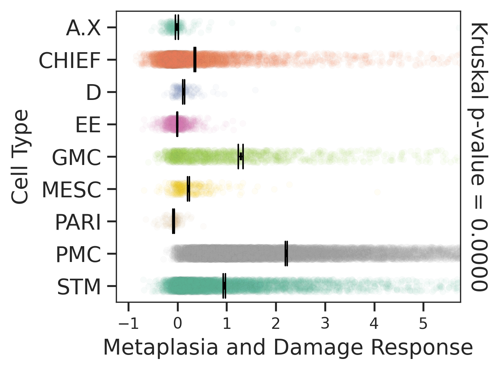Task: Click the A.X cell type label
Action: point(83,28)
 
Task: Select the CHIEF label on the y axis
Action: point(69,61)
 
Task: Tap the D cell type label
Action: point(93,93)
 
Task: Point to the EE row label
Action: point(88,125)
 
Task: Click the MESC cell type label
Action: point(71,190)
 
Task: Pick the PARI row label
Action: point(78,222)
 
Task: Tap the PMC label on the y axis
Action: point(78,255)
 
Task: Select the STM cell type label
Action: point(79,287)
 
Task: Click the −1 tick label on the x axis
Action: point(128,324)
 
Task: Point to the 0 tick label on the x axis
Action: point(178,324)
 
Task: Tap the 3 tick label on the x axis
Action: point(325,324)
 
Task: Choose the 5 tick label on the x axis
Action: point(423,324)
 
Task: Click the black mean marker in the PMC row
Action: point(286,254)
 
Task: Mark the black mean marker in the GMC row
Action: point(241,157)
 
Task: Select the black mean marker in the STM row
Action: point(224,286)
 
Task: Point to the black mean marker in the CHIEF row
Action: point(195,60)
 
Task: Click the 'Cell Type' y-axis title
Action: point(20,157)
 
